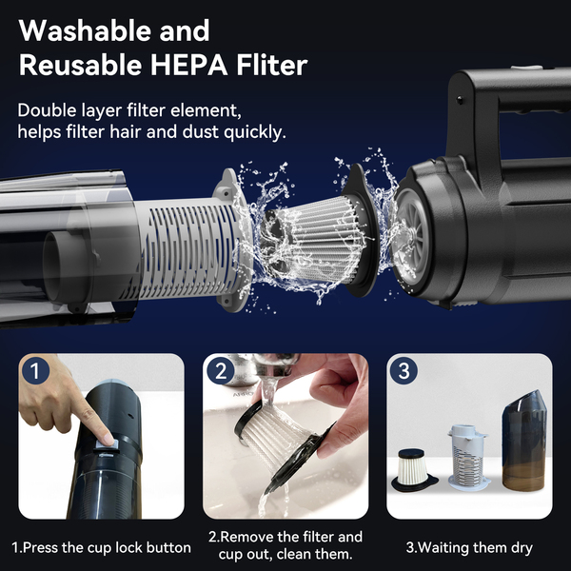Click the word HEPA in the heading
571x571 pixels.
(x=189, y=65)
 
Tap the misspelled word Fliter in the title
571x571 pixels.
(x=271, y=65)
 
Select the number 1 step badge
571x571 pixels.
(x=35, y=371)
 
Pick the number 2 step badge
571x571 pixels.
(x=221, y=371)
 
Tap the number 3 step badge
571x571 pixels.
(x=404, y=371)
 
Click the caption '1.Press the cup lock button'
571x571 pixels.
(x=101, y=547)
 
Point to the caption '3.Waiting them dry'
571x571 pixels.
(x=469, y=547)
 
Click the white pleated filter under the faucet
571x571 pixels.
(x=271, y=439)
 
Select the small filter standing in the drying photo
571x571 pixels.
(x=411, y=469)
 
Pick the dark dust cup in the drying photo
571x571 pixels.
(x=524, y=442)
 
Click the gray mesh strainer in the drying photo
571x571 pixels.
(x=468, y=457)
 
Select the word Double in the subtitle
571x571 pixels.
(x=47, y=110)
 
